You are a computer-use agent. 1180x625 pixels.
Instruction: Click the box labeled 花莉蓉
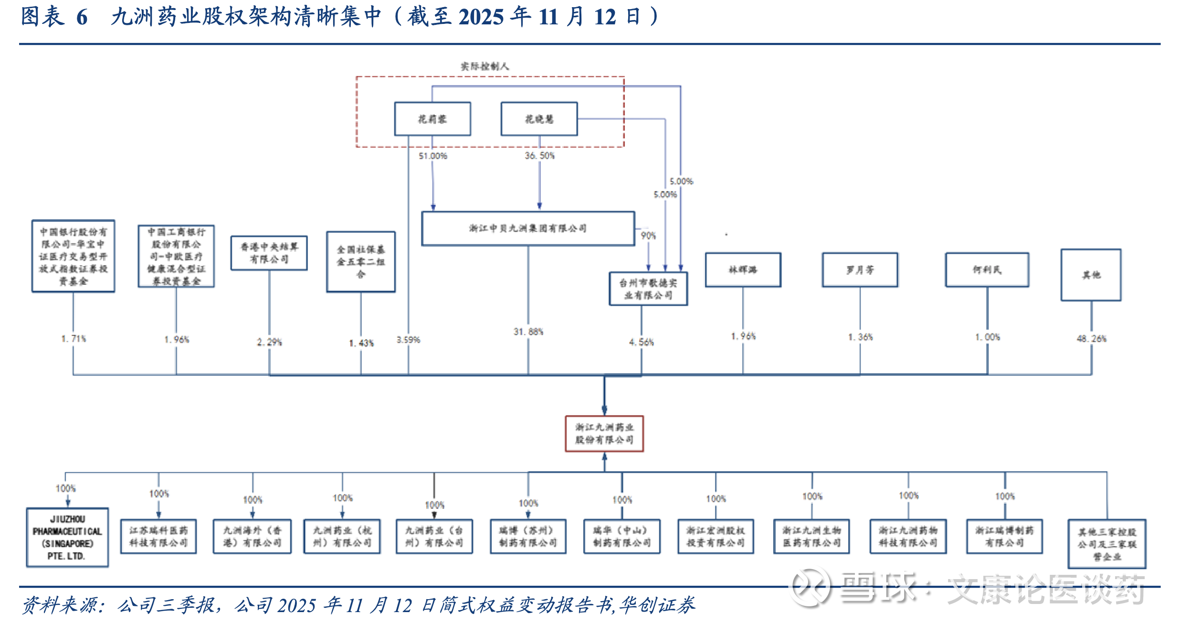point(432,119)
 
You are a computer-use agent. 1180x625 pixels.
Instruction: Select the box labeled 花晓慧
point(539,119)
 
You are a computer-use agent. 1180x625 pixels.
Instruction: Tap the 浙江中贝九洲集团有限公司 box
point(528,228)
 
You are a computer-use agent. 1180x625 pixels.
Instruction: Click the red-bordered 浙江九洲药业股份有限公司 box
point(604,433)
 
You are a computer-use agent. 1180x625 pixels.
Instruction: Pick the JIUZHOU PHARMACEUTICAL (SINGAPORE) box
point(67,537)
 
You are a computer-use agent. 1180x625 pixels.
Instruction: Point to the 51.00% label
point(433,156)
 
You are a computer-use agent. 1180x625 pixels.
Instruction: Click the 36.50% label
point(540,156)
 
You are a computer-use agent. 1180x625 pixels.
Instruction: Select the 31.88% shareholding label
point(528,332)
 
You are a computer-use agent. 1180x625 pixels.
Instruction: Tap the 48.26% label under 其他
point(1091,339)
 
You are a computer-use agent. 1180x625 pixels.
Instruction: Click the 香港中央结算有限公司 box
point(269,253)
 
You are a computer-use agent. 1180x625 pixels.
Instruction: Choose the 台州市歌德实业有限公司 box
point(648,289)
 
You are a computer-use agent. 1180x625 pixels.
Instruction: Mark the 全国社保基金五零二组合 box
point(361,261)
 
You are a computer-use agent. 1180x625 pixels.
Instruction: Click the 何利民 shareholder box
point(987,270)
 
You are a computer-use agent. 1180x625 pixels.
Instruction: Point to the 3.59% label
point(408,340)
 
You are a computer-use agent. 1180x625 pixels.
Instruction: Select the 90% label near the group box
point(648,236)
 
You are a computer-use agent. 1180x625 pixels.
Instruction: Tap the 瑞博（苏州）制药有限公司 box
point(528,537)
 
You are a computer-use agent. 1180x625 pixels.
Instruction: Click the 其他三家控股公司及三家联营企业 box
point(1107,544)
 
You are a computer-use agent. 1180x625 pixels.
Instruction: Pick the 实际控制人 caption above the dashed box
point(485,66)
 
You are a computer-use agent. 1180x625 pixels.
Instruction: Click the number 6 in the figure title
point(82,17)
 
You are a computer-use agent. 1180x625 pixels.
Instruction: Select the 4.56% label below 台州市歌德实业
point(641,342)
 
